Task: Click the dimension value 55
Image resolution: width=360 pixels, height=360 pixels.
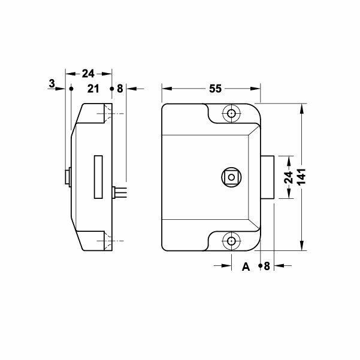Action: pyautogui.click(x=216, y=89)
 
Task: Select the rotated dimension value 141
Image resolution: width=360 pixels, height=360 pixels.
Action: pyautogui.click(x=304, y=177)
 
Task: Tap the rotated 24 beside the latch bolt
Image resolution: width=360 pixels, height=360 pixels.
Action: pyautogui.click(x=288, y=177)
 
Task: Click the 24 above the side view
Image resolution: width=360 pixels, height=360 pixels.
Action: pyautogui.click(x=88, y=74)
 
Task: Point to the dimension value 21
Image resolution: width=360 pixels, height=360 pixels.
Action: pyautogui.click(x=93, y=89)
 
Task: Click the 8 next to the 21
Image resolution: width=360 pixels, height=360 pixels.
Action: pyautogui.click(x=120, y=89)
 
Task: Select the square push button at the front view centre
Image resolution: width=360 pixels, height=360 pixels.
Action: pyautogui.click(x=231, y=177)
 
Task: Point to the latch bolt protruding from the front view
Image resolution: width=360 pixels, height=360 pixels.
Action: pyautogui.click(x=268, y=177)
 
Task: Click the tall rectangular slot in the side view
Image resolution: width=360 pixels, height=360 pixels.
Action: pyautogui.click(x=98, y=177)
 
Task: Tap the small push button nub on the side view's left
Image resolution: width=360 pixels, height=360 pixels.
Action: pyautogui.click(x=67, y=177)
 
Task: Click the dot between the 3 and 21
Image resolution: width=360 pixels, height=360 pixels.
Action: pyautogui.click(x=71, y=89)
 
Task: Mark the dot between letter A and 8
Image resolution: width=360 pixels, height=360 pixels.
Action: pyautogui.click(x=259, y=265)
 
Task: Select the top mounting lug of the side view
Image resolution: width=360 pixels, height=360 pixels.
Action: pyautogui.click(x=101, y=114)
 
